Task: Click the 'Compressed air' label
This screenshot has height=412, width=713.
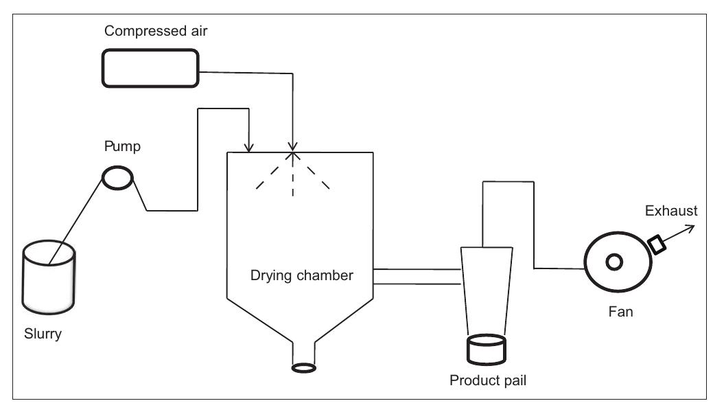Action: pyautogui.click(x=156, y=31)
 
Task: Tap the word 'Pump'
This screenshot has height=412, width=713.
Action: pyautogui.click(x=122, y=146)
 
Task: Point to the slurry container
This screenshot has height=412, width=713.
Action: pyautogui.click(x=49, y=277)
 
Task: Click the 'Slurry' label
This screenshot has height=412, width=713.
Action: pyautogui.click(x=43, y=334)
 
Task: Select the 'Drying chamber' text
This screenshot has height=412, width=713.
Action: pyautogui.click(x=302, y=275)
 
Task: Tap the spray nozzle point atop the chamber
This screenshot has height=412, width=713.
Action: pyautogui.click(x=293, y=152)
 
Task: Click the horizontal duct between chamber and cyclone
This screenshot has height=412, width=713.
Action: pyautogui.click(x=417, y=276)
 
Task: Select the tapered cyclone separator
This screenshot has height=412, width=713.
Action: pyautogui.click(x=487, y=291)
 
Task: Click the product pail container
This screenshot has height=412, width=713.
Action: pyautogui.click(x=486, y=350)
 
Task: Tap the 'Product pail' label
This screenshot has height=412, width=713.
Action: pyautogui.click(x=488, y=380)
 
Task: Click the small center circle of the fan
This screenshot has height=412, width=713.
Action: pyautogui.click(x=614, y=262)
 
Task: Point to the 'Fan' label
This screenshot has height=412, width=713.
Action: pyautogui.click(x=620, y=312)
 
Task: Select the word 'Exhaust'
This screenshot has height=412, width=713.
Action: pyautogui.click(x=671, y=211)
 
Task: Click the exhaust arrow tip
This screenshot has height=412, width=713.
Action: pyautogui.click(x=695, y=225)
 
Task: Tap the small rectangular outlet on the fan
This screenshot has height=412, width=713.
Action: pyautogui.click(x=657, y=244)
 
